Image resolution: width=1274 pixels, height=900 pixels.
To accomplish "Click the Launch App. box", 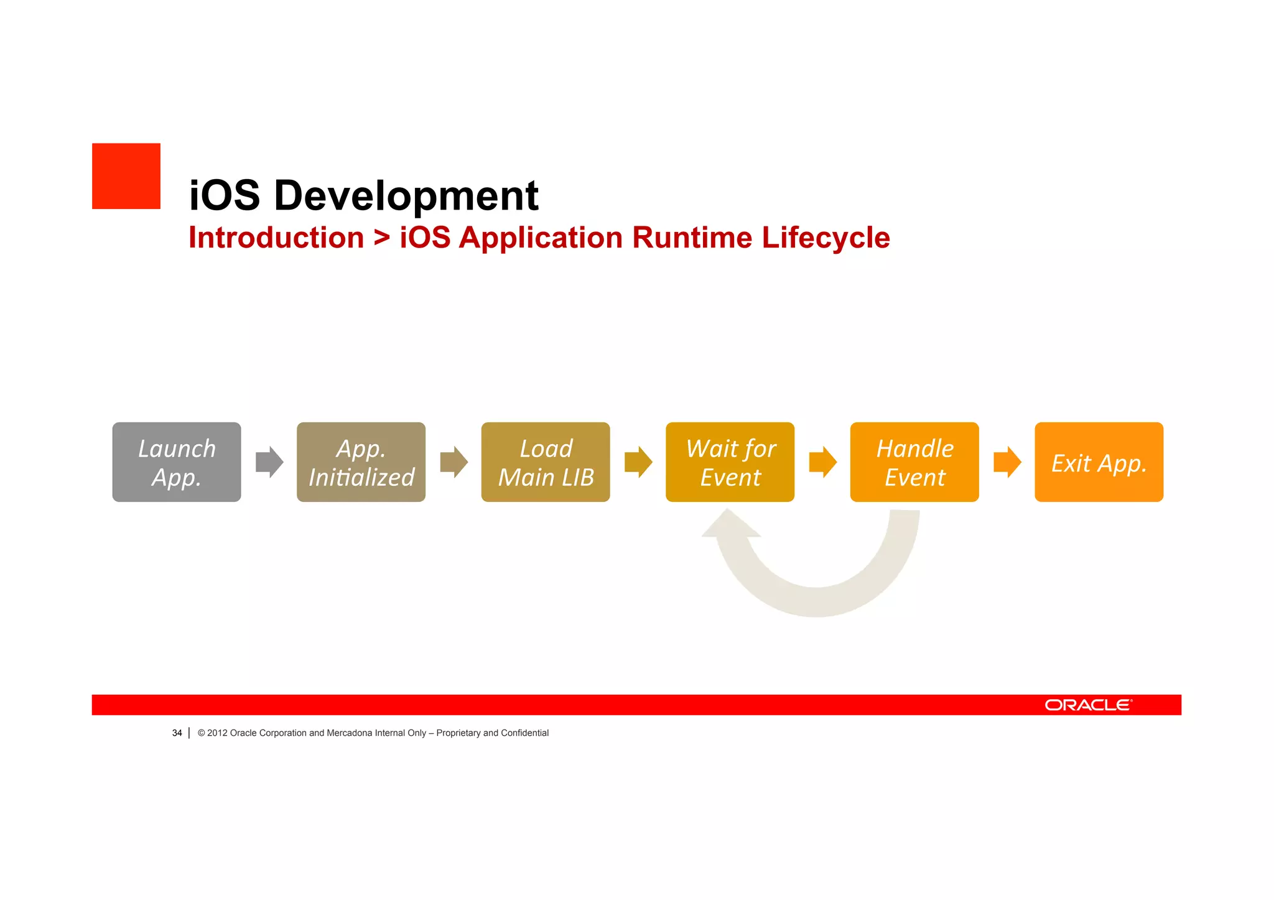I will [177, 462].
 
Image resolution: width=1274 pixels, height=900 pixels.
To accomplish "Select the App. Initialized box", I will [361, 462].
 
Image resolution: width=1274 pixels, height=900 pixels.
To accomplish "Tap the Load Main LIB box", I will [546, 462].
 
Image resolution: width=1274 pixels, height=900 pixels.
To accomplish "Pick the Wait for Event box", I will [730, 462].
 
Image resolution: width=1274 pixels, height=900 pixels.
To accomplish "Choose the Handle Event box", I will [914, 462].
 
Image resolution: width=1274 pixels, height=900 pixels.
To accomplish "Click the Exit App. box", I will [1099, 462].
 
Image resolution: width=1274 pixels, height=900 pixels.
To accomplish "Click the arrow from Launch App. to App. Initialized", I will [269, 462].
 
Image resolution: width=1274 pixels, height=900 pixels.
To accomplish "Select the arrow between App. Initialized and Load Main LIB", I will [453, 462].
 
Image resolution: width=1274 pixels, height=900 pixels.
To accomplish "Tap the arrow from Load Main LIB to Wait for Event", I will [638, 462].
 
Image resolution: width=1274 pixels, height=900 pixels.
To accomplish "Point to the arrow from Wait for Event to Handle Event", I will [822, 462].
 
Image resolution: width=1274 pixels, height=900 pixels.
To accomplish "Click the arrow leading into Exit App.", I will [1007, 462].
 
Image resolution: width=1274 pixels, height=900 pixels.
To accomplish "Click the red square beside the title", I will [126, 176].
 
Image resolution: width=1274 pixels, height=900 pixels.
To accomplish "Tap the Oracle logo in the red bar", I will [1088, 705].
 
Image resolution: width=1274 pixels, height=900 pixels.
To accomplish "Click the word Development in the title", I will [406, 195].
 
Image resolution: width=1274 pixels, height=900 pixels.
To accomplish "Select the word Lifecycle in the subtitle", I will [825, 238].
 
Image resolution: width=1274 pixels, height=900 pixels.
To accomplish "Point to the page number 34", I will [177, 733].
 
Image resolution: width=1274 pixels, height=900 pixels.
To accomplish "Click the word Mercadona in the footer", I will [349, 733].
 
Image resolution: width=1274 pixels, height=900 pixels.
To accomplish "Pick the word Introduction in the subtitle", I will [276, 238].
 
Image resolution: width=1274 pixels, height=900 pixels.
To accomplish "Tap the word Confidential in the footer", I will [524, 733].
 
